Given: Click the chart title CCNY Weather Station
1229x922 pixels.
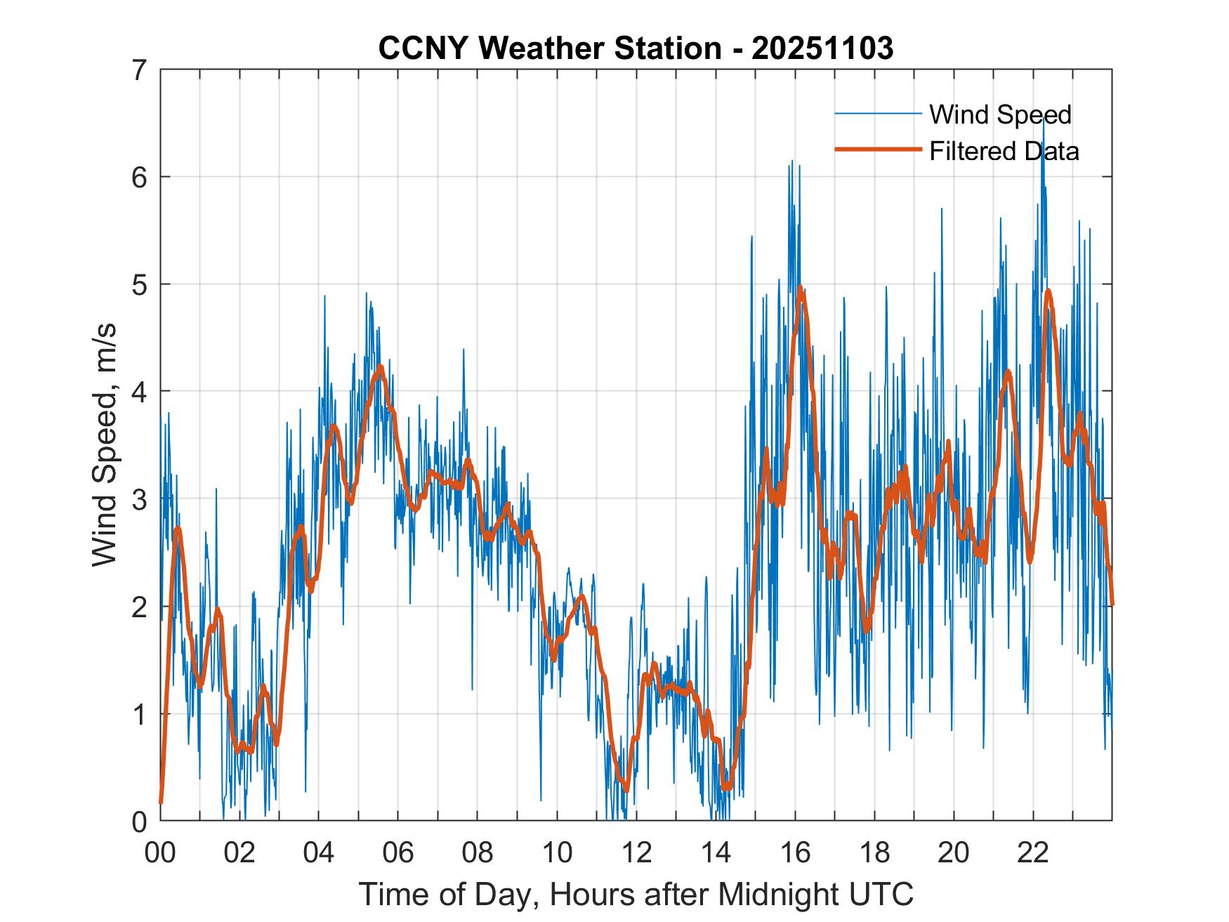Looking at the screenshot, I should coord(549,48).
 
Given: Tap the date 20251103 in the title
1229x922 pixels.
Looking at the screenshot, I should coord(822,48).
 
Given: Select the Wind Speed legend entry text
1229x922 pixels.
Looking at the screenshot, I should coord(1000,114).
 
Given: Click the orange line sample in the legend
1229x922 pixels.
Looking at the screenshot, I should coord(878,150).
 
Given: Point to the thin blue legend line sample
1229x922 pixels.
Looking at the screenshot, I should coord(878,114).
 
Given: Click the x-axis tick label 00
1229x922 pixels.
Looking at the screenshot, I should coord(160,852).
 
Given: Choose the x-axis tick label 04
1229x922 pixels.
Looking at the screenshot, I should coord(319,852).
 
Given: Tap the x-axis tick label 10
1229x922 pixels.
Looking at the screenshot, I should coord(557,852).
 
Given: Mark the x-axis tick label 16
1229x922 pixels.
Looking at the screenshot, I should coord(795,852).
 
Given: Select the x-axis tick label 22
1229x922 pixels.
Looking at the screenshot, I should coord(1033,852).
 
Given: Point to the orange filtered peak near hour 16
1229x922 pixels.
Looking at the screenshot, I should coord(800,287).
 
